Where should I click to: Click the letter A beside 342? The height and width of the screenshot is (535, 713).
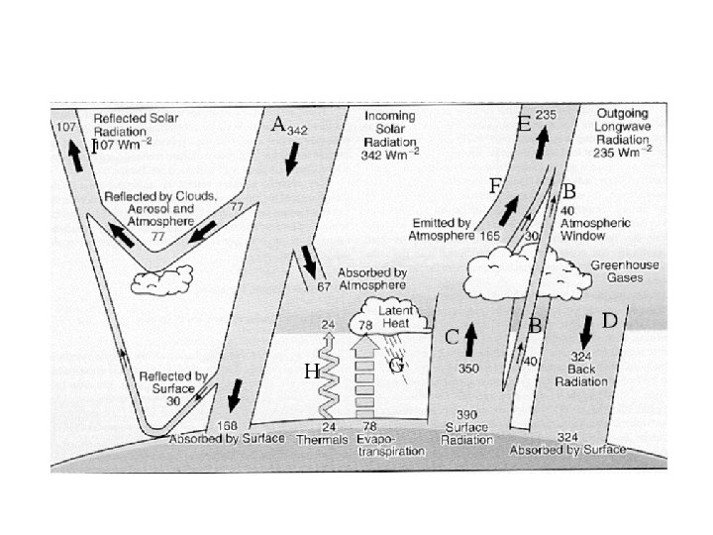click(278, 124)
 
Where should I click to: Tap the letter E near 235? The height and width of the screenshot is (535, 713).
click(524, 124)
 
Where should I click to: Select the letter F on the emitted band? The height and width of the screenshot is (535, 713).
click(495, 185)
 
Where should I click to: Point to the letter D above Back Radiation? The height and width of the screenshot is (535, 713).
click(609, 320)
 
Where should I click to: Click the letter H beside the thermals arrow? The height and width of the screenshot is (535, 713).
click(310, 372)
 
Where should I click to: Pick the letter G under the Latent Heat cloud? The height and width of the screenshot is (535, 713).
click(395, 365)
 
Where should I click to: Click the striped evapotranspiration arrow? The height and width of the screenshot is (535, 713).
click(364, 381)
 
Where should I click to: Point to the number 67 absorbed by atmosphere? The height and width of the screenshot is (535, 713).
click(323, 287)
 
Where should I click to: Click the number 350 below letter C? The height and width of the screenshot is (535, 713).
click(469, 368)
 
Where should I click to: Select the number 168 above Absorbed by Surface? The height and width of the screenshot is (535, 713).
click(227, 426)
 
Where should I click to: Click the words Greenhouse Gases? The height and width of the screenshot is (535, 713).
click(617, 271)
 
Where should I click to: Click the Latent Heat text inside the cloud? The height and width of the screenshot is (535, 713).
click(399, 317)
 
